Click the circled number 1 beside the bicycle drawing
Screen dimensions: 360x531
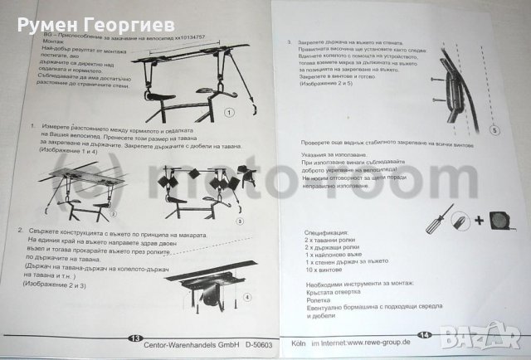click(x=228, y=110)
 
